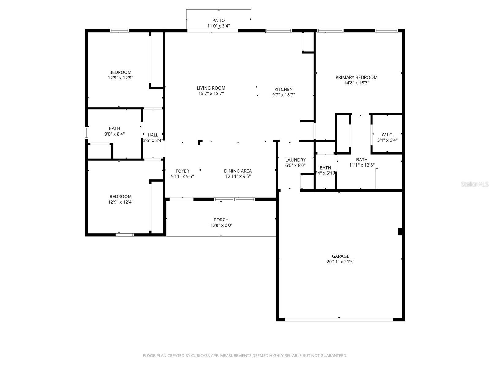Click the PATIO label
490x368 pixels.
pos(218,21)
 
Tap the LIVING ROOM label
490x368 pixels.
pos(211,88)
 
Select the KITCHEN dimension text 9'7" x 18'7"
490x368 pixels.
pos(283,95)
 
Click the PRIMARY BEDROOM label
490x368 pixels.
pos(356,77)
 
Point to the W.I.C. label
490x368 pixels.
pos(387,135)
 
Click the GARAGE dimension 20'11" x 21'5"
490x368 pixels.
pos(340,262)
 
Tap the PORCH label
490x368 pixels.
pos(221,220)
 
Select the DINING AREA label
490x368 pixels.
pos(238,171)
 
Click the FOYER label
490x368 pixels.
pos(182,171)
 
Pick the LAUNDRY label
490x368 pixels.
pos(295,160)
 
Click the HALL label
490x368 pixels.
pos(153,135)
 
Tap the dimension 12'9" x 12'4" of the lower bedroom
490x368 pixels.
pos(120,202)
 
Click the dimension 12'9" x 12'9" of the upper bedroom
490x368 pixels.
pos(120,78)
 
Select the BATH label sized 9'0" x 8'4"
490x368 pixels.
pos(115,128)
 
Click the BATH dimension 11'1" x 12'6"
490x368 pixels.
pos(362,165)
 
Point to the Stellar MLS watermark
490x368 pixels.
pos(475,184)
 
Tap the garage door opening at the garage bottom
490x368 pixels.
pos(339,320)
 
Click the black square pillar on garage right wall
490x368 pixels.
pos(400,231)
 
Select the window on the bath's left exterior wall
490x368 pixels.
pos(86,133)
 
